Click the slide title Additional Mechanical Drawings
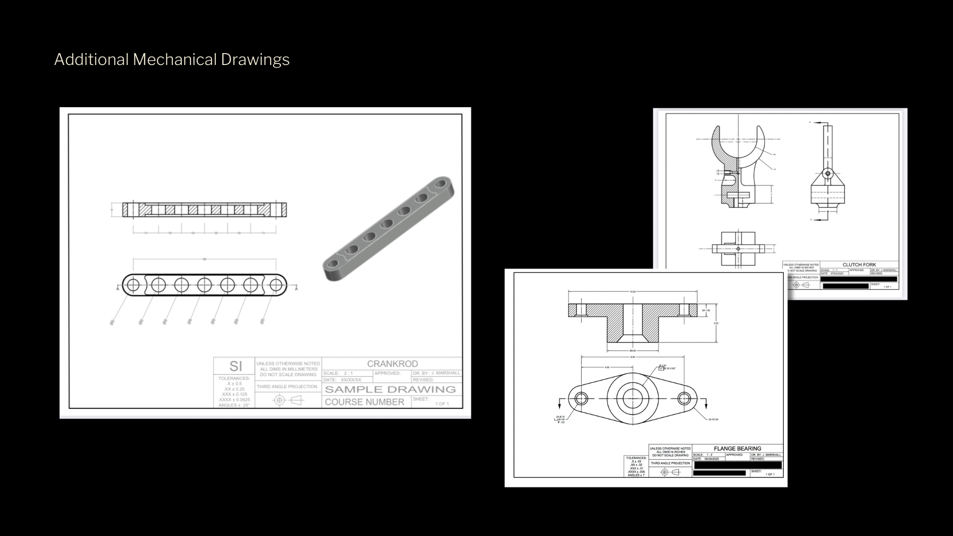tap(172, 60)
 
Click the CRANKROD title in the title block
tap(392, 364)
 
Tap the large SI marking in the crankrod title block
tap(235, 366)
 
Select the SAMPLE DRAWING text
tap(390, 389)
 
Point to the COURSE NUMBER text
tap(364, 402)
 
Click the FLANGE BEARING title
tap(737, 449)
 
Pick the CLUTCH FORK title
tap(859, 265)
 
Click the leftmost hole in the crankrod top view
tap(133, 285)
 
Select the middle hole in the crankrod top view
tap(204, 285)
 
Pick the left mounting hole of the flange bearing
tap(581, 398)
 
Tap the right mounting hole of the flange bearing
tap(684, 398)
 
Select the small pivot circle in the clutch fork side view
tap(827, 174)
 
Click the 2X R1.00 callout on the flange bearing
tap(713, 419)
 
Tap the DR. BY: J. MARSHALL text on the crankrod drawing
tap(436, 373)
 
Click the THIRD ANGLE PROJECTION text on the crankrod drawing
tap(287, 387)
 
